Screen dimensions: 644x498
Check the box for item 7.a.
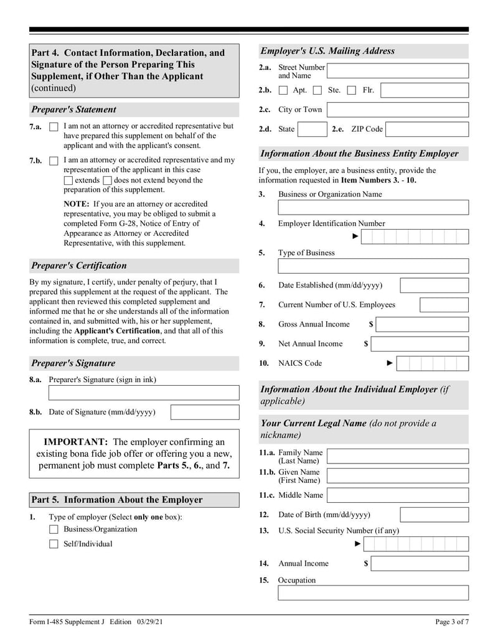(x=54, y=127)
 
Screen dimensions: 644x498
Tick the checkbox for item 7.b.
(x=54, y=161)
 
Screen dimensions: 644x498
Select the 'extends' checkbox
(x=68, y=180)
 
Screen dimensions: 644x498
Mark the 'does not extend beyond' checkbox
(x=108, y=180)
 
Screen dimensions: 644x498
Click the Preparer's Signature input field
(x=144, y=393)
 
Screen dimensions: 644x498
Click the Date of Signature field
(x=205, y=413)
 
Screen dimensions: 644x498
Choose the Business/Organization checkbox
(x=54, y=530)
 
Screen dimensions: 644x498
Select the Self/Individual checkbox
(x=54, y=544)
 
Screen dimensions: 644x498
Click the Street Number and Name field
(x=398, y=71)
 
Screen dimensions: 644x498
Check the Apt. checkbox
(x=283, y=90)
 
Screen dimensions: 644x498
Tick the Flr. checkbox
(x=352, y=90)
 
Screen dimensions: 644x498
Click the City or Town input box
(x=398, y=110)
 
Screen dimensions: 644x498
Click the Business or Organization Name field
(x=373, y=207)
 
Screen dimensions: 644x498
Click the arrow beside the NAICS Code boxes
(x=390, y=363)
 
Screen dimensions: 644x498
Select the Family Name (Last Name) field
(x=398, y=457)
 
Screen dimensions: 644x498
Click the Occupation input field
(x=373, y=593)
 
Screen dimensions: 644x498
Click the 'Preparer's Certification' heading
(x=79, y=266)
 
